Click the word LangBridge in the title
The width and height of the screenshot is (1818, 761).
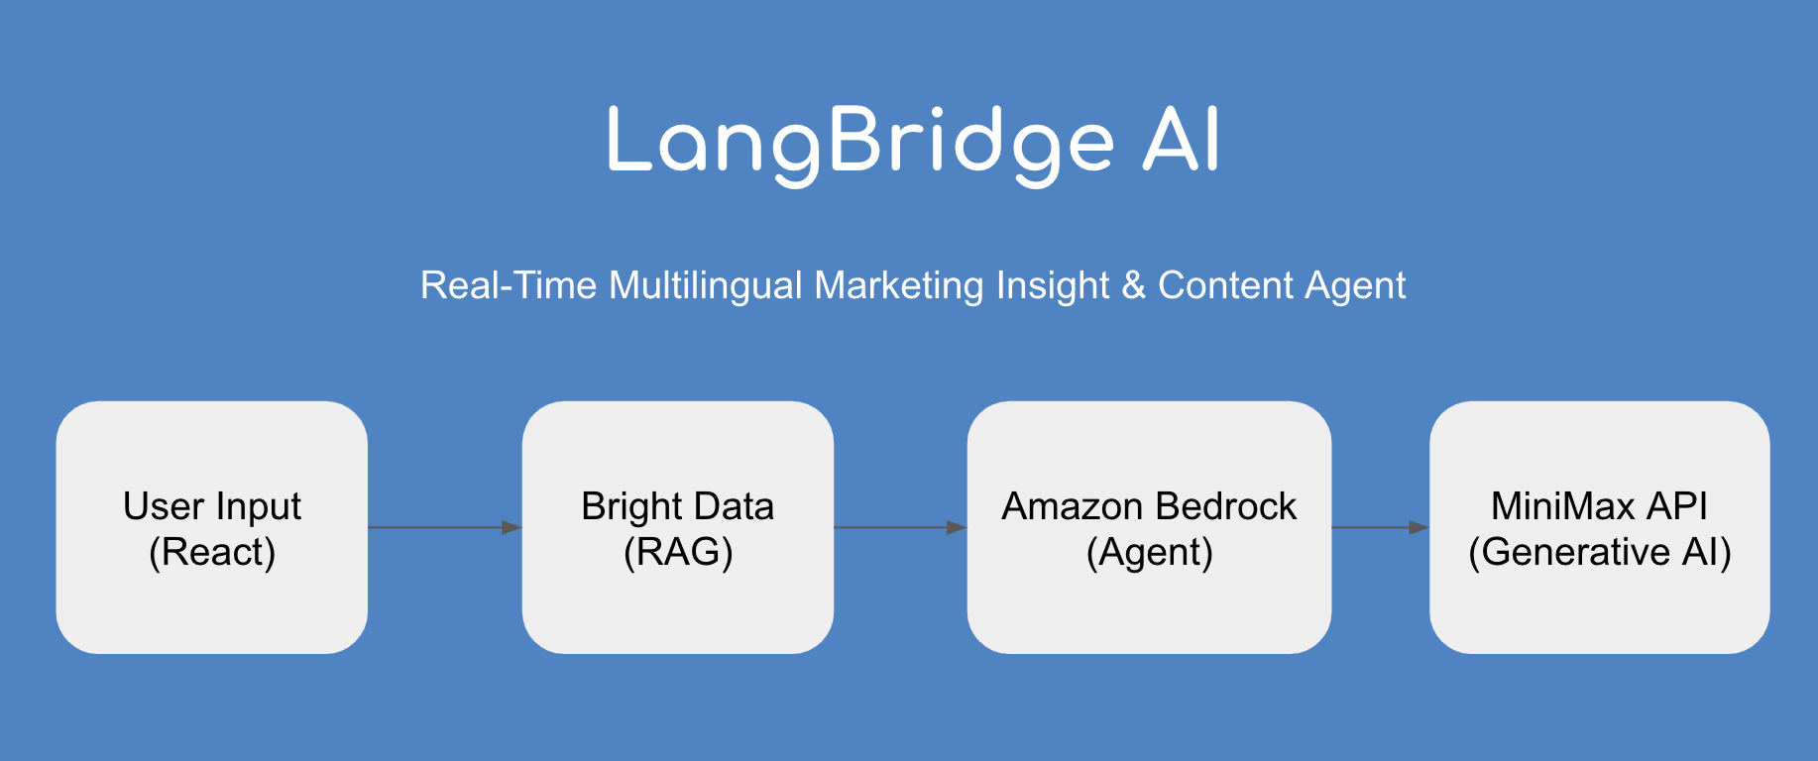click(860, 144)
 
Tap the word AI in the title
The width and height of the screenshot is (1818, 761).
click(1181, 142)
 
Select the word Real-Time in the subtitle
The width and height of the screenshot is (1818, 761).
click(509, 285)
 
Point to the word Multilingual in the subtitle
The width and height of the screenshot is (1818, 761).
click(706, 285)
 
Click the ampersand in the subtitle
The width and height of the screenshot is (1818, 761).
click(1133, 285)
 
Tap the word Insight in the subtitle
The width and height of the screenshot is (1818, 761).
click(1053, 286)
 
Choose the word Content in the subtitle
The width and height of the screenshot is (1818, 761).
click(1225, 285)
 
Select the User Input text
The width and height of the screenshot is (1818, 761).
click(212, 506)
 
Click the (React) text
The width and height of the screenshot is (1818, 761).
click(212, 552)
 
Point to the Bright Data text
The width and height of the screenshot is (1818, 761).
click(677, 506)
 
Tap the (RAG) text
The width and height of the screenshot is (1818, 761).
click(678, 552)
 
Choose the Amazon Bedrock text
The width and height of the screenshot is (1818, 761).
click(1149, 506)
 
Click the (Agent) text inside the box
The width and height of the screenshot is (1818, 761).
click(1150, 552)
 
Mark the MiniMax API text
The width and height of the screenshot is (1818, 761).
click(1599, 506)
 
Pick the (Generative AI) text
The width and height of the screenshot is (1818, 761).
click(1599, 552)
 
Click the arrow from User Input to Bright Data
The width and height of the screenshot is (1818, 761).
click(444, 527)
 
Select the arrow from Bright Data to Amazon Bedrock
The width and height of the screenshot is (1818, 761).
click(900, 527)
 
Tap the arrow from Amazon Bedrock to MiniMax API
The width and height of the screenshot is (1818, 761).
click(1380, 527)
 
